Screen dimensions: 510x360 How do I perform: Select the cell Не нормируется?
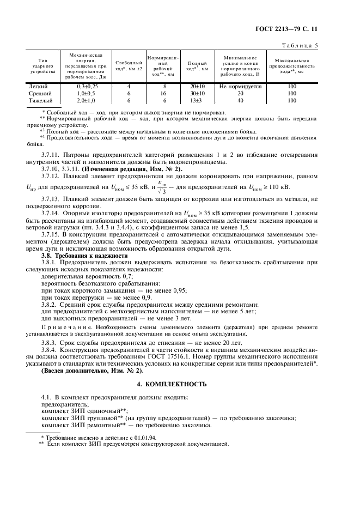240,86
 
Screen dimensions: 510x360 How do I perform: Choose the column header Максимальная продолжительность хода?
292,66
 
